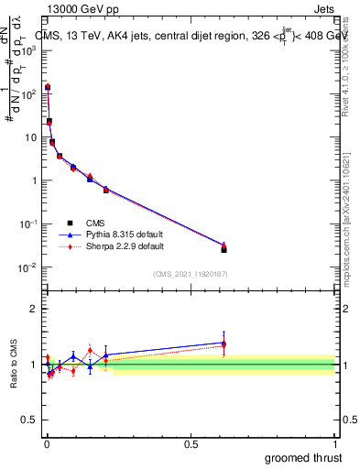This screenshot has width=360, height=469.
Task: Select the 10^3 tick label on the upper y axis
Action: [29, 51]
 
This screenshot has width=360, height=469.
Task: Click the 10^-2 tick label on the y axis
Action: [28, 267]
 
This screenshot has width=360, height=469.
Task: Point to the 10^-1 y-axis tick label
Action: [28, 224]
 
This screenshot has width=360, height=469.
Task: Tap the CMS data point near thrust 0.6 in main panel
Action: [224, 248]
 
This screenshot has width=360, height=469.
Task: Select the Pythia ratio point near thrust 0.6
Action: [224, 343]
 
